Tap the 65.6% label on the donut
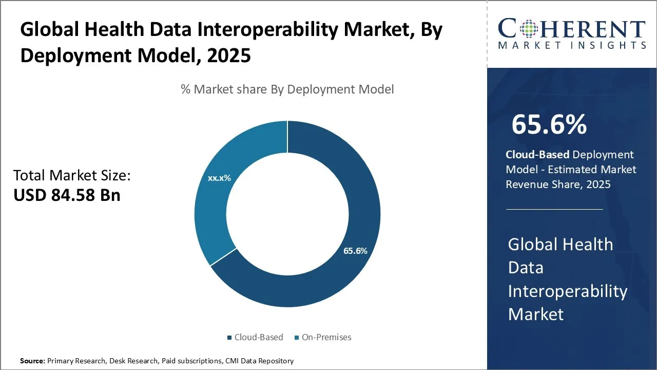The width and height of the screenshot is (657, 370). (x=355, y=251)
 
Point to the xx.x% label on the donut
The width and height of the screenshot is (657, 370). (x=219, y=178)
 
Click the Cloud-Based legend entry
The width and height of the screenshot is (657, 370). (x=255, y=338)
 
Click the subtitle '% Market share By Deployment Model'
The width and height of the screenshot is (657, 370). (x=287, y=89)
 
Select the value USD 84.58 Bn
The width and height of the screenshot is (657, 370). (x=67, y=195)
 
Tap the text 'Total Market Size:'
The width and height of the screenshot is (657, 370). (x=72, y=176)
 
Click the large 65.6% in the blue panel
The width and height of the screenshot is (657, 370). (x=549, y=124)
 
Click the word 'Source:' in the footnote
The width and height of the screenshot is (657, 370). (x=32, y=361)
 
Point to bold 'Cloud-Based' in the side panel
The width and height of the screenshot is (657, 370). (x=537, y=155)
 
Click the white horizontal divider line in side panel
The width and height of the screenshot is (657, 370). (x=554, y=210)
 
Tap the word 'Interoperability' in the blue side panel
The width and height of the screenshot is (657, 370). (x=568, y=291)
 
